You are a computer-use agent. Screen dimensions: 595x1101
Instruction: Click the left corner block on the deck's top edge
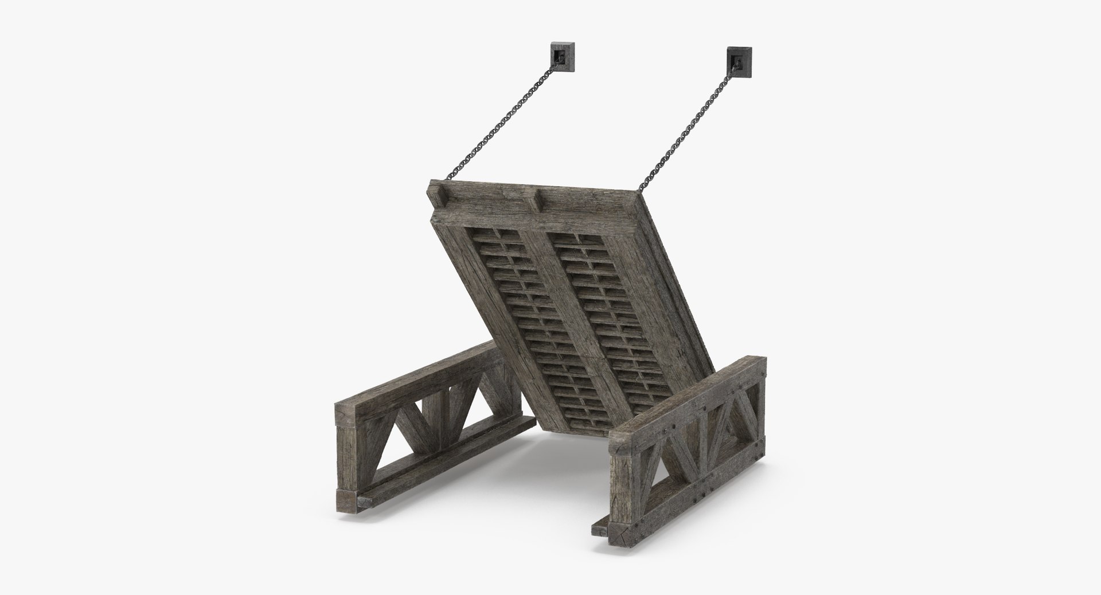coord(442,197)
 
